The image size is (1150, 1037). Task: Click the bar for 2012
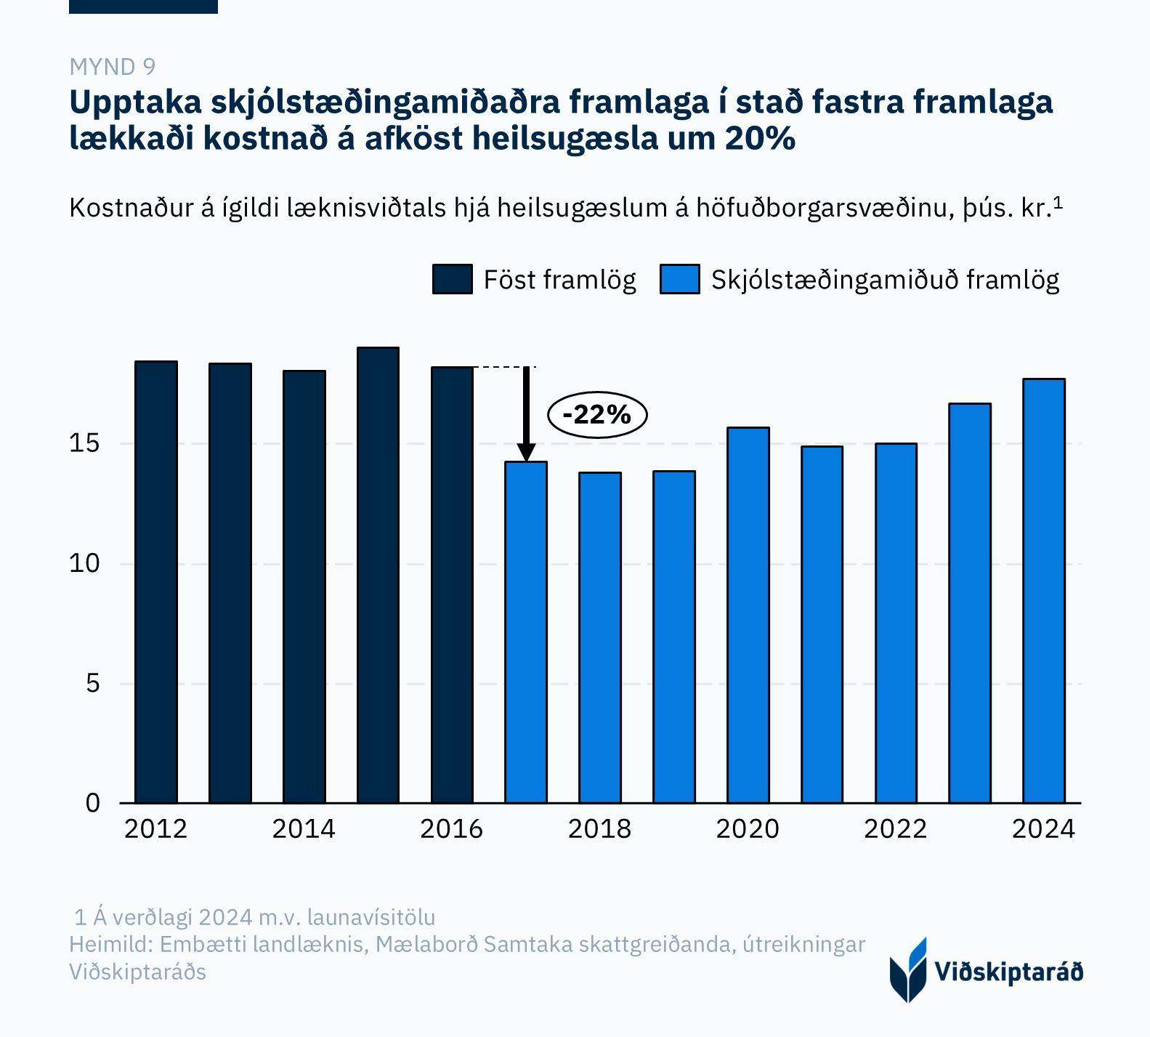[x=156, y=581]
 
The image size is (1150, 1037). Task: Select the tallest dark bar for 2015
[x=378, y=574]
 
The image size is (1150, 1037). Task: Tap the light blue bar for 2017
[x=526, y=632]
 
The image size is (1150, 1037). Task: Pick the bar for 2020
[x=748, y=615]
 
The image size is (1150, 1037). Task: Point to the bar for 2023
[x=970, y=603]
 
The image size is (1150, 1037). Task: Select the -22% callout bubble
[x=596, y=415]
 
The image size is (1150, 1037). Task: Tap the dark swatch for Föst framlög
[x=452, y=279]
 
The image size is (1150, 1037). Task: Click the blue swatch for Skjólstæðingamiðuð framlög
[x=679, y=279]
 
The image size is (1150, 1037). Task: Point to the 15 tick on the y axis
[x=84, y=443]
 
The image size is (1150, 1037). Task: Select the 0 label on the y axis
[x=92, y=803]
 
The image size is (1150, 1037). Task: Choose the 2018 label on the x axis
[x=599, y=829]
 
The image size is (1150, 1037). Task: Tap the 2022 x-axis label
[x=895, y=829]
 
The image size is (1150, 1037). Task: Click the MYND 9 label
[x=112, y=67]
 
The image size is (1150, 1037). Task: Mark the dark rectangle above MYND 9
[x=143, y=7]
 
